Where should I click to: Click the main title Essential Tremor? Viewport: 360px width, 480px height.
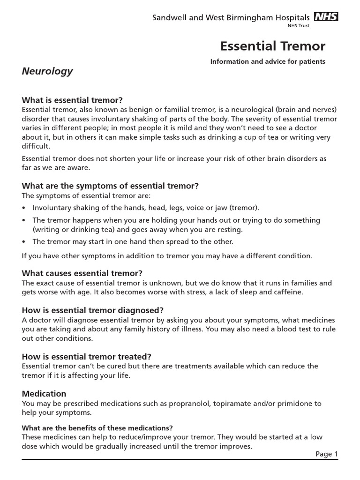point(272,46)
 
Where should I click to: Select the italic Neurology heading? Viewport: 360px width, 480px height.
point(47,71)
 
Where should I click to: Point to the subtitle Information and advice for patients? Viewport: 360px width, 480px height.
point(268,61)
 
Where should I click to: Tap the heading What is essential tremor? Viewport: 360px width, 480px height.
point(72,100)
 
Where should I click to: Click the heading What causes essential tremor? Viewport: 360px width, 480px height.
point(82,273)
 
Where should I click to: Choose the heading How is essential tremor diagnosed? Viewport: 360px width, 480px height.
point(93,310)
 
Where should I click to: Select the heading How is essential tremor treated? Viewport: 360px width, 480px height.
point(87,356)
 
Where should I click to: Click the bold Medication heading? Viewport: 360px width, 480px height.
point(44,393)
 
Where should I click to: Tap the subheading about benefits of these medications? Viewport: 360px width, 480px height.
point(97,428)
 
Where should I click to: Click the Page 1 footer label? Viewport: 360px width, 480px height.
point(326,454)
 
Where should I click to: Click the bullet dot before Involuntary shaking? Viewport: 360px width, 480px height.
point(24,208)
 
